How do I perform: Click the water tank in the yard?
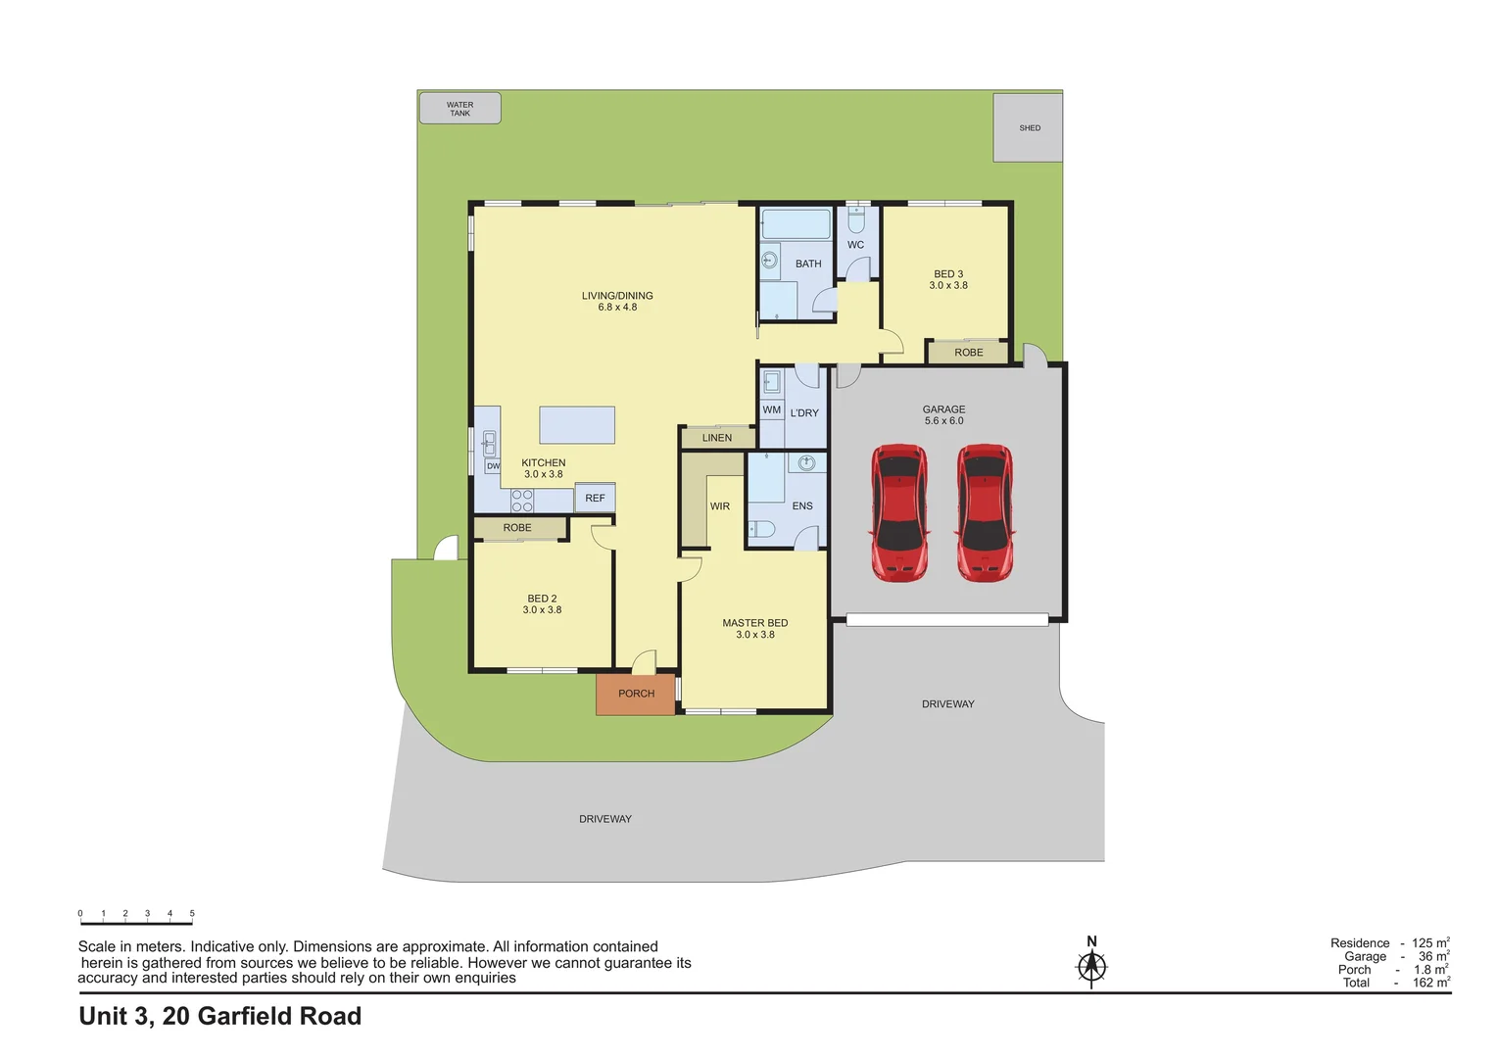coord(459,109)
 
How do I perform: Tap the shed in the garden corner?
coord(1028,127)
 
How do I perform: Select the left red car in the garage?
coord(898,512)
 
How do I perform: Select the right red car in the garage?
coord(985,512)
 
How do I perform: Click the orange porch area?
coord(636,694)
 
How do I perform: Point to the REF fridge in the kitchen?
coord(595,498)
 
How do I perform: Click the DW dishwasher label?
coord(493,466)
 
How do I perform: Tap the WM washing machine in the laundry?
coord(772,409)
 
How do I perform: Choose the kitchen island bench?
coord(577,425)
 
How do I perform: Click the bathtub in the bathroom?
coord(796,223)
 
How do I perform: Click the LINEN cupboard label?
coord(717,438)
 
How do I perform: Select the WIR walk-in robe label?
coord(720,506)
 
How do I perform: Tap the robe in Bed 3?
coord(968,352)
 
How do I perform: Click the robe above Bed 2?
coord(517,528)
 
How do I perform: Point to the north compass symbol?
coord(1091,965)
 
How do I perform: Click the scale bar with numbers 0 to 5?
coord(136,918)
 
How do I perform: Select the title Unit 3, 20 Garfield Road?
coord(220,1017)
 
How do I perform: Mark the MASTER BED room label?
coord(754,623)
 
